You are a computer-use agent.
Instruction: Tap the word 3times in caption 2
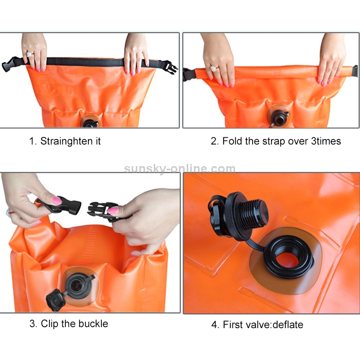click(x=326, y=141)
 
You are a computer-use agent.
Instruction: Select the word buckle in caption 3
click(x=93, y=323)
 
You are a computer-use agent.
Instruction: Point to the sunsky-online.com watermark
click(x=180, y=169)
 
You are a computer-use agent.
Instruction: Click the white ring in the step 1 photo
click(x=29, y=55)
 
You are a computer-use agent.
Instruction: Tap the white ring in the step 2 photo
click(x=214, y=68)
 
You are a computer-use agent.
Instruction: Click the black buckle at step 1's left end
click(x=11, y=64)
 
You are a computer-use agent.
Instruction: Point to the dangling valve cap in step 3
click(x=56, y=300)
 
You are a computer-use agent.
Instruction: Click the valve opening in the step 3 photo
click(x=77, y=285)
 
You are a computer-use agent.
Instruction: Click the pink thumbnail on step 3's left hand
click(x=57, y=201)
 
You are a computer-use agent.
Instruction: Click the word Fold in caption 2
click(x=232, y=141)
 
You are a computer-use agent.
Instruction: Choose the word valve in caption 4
click(x=259, y=325)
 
